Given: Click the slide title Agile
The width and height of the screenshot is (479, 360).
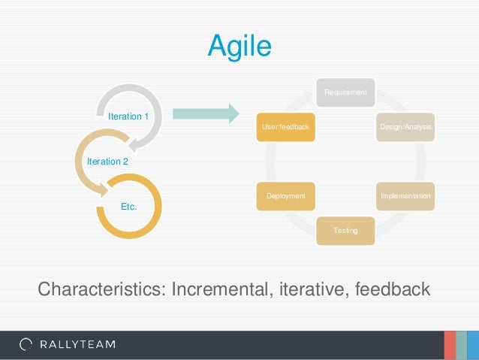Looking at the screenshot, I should click(239, 47).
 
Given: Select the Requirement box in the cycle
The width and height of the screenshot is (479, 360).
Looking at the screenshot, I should click(345, 92).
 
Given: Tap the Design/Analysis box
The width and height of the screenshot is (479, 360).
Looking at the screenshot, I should click(405, 127).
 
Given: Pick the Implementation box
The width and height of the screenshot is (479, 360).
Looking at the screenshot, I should click(405, 195).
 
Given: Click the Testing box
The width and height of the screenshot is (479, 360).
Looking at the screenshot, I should click(345, 229).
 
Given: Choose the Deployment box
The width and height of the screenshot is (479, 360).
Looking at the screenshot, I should click(285, 195).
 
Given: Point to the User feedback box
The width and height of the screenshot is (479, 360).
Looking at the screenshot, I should click(285, 127).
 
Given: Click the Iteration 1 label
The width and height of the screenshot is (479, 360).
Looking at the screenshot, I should click(128, 117).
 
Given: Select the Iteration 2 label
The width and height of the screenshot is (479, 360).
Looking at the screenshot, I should click(107, 162).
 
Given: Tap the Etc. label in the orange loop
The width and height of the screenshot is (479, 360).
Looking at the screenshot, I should click(128, 205).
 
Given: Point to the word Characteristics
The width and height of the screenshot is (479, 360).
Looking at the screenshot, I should click(100, 289).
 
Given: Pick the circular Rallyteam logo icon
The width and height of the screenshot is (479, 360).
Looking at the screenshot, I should click(26, 345).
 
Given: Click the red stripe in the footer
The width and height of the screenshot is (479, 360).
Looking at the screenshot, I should click(449, 345).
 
